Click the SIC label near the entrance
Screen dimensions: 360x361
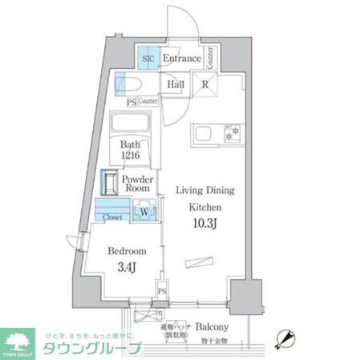[148, 59]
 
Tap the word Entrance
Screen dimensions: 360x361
[182, 59]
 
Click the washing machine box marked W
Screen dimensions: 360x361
[144, 212]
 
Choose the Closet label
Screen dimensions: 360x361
[112, 216]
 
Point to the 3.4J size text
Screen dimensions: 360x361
[128, 265]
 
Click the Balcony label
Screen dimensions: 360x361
[213, 327]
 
